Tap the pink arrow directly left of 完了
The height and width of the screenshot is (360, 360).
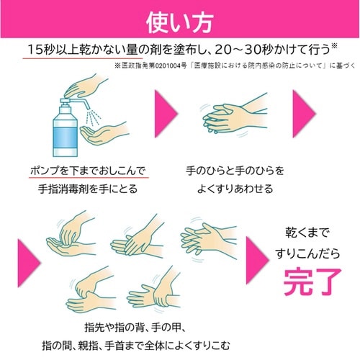(257, 256)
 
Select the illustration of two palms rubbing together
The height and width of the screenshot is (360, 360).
(229, 116)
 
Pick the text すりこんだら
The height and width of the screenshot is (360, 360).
(311, 251)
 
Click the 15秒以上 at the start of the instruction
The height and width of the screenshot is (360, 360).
(50, 49)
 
